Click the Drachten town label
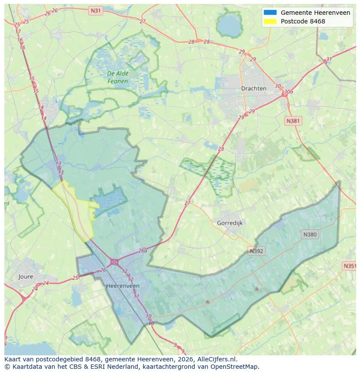(253, 88)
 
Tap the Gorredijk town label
(229, 223)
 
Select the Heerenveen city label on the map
(123, 286)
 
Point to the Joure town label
(26, 276)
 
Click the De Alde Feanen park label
(117, 77)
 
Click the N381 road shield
(293, 121)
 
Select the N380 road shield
(310, 234)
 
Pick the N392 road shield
(257, 251)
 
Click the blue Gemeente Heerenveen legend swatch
(270, 13)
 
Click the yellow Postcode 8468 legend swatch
(270, 21)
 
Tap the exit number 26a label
(143, 251)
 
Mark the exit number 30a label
(288, 92)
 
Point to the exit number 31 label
(329, 59)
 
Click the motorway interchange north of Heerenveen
(115, 261)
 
